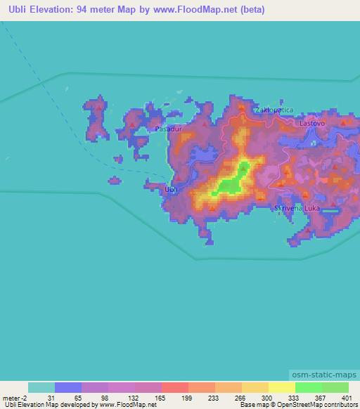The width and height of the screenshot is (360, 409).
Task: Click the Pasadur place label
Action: (x=168, y=129)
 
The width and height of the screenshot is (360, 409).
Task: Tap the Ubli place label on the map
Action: (x=170, y=190)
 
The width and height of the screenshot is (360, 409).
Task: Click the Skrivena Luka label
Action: (x=299, y=208)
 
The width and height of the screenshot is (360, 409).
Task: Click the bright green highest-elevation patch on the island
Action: (x=230, y=183)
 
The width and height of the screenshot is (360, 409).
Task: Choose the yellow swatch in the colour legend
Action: (x=281, y=387)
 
